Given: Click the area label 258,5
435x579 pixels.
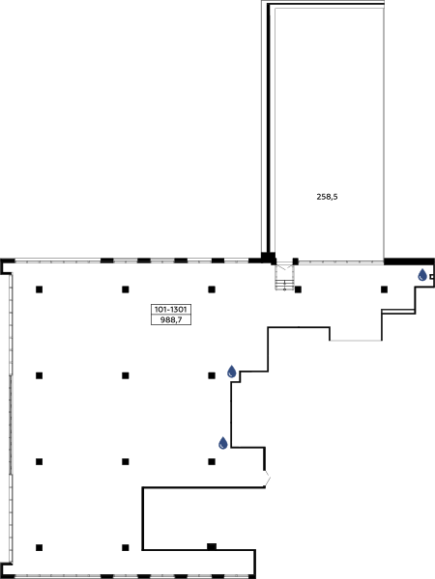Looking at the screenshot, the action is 327,197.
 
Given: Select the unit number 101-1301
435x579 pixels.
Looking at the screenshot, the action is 171,310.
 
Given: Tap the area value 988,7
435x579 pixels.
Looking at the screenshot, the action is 171,319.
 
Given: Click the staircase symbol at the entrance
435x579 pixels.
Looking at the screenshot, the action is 284,277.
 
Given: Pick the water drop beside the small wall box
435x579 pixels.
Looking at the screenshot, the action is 422,275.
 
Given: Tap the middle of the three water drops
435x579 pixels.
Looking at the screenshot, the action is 232,372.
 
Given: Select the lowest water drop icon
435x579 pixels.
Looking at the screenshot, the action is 223,443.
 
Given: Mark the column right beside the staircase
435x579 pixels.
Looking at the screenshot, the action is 298,289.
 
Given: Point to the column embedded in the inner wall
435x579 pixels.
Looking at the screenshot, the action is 212,546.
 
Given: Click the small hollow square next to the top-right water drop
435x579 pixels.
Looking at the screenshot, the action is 432,277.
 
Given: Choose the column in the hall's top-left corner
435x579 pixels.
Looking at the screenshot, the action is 40,289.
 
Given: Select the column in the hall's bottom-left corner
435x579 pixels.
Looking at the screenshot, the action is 40,547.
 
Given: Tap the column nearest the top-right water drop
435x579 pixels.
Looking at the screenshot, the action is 385,289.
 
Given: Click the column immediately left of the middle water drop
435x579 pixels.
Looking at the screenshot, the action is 212,375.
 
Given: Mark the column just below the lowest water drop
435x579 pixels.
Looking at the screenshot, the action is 212,461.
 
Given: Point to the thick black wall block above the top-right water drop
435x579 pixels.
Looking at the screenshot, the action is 409,262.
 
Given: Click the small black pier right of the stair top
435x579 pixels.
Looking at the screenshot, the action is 296,262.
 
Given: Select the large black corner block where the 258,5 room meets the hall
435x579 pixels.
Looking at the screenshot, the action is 268,258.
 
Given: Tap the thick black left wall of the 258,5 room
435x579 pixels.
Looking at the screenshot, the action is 269,129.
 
